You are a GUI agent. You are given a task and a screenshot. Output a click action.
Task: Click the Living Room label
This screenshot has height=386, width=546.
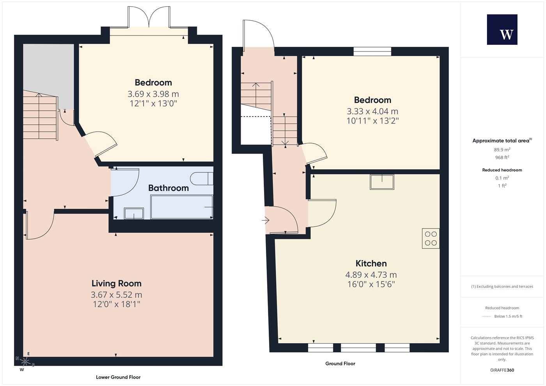(x=117, y=283)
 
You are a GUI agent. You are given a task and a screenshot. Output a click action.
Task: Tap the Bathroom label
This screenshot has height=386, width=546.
(x=168, y=188)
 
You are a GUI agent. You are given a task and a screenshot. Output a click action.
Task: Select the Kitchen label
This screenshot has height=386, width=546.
(x=371, y=264)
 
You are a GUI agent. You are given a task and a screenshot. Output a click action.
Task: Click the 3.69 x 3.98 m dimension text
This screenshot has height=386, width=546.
(x=153, y=94)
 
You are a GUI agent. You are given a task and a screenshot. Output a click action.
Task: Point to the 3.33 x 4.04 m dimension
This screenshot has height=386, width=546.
(x=372, y=112)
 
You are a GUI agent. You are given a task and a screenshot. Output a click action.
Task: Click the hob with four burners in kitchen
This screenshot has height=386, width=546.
(x=431, y=238)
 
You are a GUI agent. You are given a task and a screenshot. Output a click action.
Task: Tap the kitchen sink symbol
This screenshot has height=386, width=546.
(x=382, y=182)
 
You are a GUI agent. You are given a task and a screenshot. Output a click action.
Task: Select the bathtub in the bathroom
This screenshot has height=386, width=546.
(x=182, y=207)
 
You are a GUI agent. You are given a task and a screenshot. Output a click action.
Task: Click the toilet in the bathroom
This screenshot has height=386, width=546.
(x=202, y=179)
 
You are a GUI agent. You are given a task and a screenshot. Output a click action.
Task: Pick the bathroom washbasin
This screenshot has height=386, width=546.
(x=134, y=213)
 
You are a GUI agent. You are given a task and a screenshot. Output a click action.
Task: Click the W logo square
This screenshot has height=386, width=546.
(x=502, y=30)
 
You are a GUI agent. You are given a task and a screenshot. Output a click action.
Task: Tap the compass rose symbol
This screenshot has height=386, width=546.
(x=25, y=362)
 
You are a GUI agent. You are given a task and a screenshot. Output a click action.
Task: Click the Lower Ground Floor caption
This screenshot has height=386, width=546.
(x=118, y=377)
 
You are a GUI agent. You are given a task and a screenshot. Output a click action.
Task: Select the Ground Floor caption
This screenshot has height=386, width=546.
(x=340, y=363)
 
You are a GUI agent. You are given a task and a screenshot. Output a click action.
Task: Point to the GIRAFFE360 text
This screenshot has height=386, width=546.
(x=502, y=370)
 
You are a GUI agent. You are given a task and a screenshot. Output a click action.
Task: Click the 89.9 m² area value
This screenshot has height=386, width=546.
(x=502, y=150)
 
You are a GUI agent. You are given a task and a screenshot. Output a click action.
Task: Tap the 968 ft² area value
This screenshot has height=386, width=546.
(x=502, y=158)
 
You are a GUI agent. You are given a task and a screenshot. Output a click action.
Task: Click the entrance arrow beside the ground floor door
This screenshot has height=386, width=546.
(x=266, y=221)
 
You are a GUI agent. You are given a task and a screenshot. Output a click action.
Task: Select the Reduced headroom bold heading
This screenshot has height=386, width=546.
(x=502, y=170)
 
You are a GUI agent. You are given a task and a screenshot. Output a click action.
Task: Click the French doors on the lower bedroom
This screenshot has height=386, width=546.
(x=149, y=17)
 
